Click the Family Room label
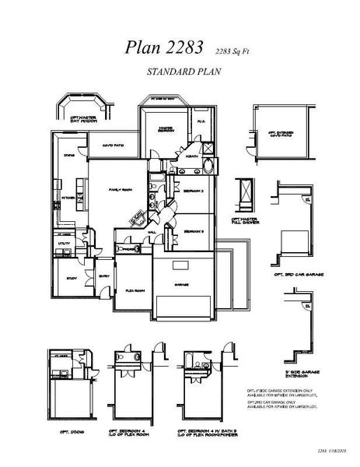pos(120,189)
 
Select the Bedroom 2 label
pos(194,190)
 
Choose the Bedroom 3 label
pos(194,232)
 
